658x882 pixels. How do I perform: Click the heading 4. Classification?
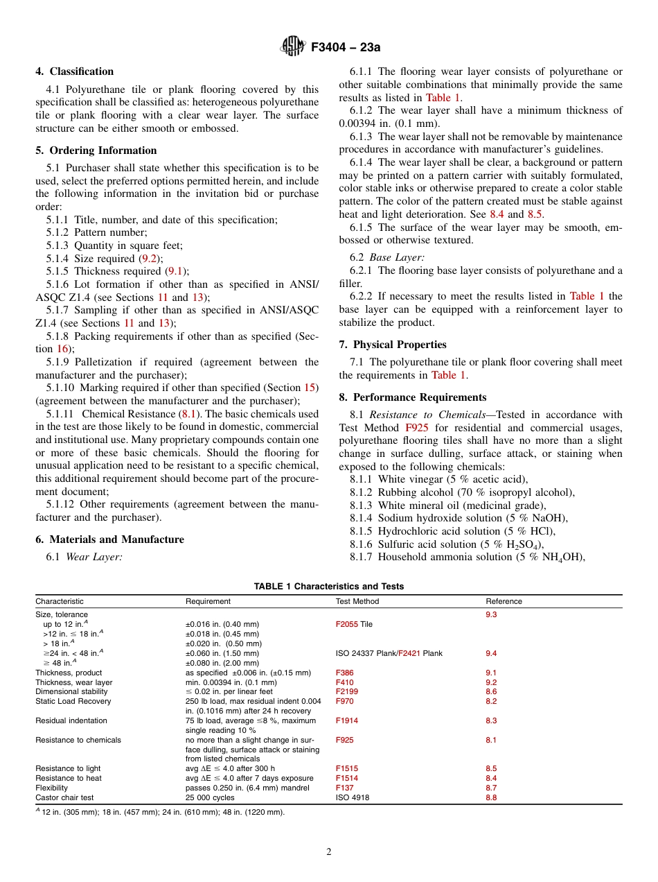[x=75, y=71]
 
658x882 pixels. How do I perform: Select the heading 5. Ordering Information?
[x=96, y=150]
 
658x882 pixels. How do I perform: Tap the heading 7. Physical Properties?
[x=393, y=345]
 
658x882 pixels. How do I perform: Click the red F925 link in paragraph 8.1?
[x=416, y=428]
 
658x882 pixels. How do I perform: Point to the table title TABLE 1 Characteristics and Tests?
[x=328, y=586]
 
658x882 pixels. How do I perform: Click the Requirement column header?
[x=208, y=601]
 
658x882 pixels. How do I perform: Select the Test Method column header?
[x=357, y=601]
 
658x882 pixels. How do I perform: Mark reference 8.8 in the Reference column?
[x=491, y=797]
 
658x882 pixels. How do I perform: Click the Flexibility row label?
[x=52, y=788]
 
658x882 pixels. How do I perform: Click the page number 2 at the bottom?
[x=329, y=852]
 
